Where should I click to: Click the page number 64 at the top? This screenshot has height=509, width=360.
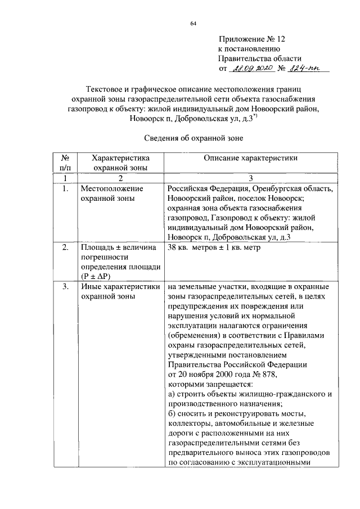coord(193,23)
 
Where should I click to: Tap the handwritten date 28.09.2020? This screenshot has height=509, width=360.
coord(251,68)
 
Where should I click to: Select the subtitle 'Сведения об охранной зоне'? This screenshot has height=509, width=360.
coord(193,137)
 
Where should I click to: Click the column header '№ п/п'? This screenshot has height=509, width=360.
coord(65,163)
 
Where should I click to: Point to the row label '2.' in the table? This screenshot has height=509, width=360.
coord(65,247)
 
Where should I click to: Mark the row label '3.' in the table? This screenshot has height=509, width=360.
coord(65,286)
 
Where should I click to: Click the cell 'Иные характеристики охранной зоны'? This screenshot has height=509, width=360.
coord(120,291)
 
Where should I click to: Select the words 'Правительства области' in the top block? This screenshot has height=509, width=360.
coord(260,58)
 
